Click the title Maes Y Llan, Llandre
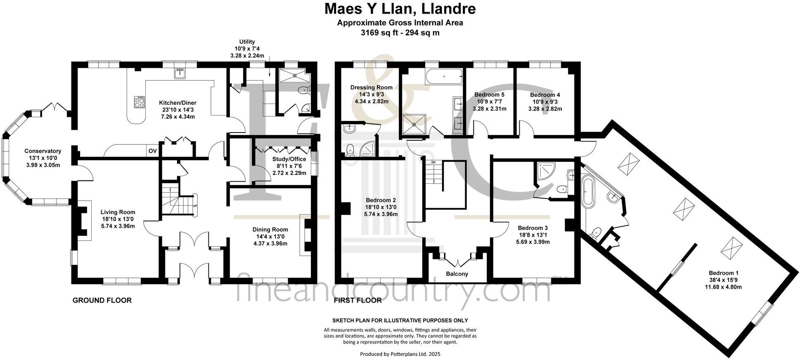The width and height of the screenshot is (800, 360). (400, 8)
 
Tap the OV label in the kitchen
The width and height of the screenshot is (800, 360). (152, 151)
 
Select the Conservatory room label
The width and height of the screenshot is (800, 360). (43, 151)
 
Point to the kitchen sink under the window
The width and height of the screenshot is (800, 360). (180, 73)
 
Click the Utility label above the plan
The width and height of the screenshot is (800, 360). (247, 42)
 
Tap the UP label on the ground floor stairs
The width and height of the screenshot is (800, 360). (195, 205)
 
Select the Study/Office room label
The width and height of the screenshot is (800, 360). (289, 159)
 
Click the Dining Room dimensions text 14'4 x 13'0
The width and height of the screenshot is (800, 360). (270, 237)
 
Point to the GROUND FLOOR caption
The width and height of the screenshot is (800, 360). (102, 300)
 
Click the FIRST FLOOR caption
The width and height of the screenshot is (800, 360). (357, 300)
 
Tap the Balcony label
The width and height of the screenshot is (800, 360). (457, 274)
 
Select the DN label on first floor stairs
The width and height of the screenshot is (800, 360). (433, 162)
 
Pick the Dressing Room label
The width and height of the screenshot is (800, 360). (371, 87)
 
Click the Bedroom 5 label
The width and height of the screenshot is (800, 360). (489, 95)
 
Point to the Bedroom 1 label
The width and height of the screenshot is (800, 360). (723, 273)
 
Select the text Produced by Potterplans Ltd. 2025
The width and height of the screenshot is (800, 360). (400, 354)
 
